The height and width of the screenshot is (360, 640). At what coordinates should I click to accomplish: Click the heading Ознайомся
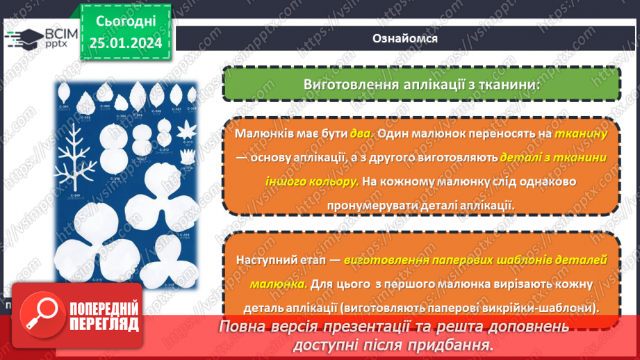(406, 39)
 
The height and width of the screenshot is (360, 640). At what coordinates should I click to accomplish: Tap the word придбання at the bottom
(459, 344)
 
